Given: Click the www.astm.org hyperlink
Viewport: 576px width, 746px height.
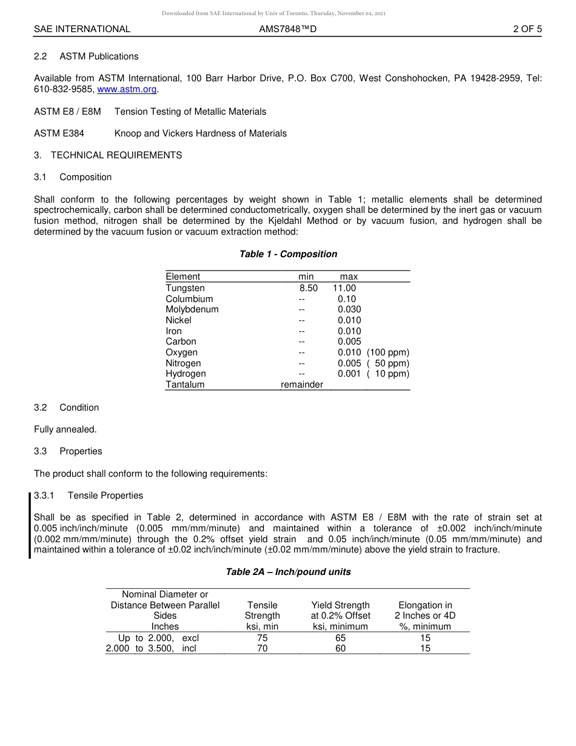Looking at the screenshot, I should [x=127, y=89].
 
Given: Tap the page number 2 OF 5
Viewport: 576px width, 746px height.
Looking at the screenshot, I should [x=527, y=29].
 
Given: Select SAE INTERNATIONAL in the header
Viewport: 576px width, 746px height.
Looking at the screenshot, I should [x=82, y=29].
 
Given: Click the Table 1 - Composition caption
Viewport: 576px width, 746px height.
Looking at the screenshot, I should [x=288, y=254].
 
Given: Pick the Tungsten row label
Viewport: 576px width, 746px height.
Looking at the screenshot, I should [x=185, y=288].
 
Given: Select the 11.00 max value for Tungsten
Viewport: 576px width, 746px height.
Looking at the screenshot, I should [x=344, y=288].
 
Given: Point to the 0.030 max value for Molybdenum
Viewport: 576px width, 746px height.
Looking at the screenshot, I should [x=349, y=309].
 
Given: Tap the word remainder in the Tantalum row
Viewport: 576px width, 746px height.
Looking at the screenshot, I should [x=302, y=385].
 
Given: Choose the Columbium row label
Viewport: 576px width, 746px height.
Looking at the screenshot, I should [x=189, y=299].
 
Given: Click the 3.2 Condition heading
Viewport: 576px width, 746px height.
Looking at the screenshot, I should [x=67, y=408].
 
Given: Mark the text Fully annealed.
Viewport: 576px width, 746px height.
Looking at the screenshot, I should [x=65, y=429].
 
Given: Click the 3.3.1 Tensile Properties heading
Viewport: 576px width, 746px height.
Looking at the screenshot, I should [x=89, y=496].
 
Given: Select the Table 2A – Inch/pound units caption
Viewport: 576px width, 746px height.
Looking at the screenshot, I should [x=288, y=572].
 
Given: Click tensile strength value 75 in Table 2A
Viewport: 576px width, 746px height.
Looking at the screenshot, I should [x=263, y=638].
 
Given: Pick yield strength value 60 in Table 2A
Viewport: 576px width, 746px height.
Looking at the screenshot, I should [x=340, y=648].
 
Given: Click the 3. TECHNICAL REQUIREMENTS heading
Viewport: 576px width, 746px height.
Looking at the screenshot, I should [x=108, y=155].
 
